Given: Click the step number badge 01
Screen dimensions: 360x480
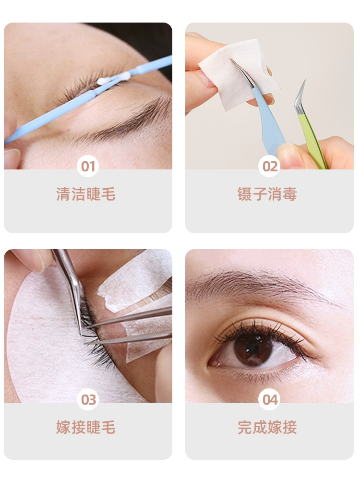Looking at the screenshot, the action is [88, 166].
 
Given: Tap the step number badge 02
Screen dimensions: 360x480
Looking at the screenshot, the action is [269, 166].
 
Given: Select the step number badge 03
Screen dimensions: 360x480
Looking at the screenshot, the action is [88, 399].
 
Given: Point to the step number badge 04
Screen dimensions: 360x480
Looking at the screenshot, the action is [269, 399].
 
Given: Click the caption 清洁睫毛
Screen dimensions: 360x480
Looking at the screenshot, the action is [86, 194].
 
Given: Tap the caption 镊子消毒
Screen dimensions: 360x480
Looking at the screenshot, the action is [267, 194].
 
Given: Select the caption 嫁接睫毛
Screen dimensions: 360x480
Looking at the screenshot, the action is [86, 427].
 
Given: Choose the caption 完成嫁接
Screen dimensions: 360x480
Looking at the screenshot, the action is [267, 427].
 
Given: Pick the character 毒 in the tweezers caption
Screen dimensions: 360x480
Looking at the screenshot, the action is [289, 194].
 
